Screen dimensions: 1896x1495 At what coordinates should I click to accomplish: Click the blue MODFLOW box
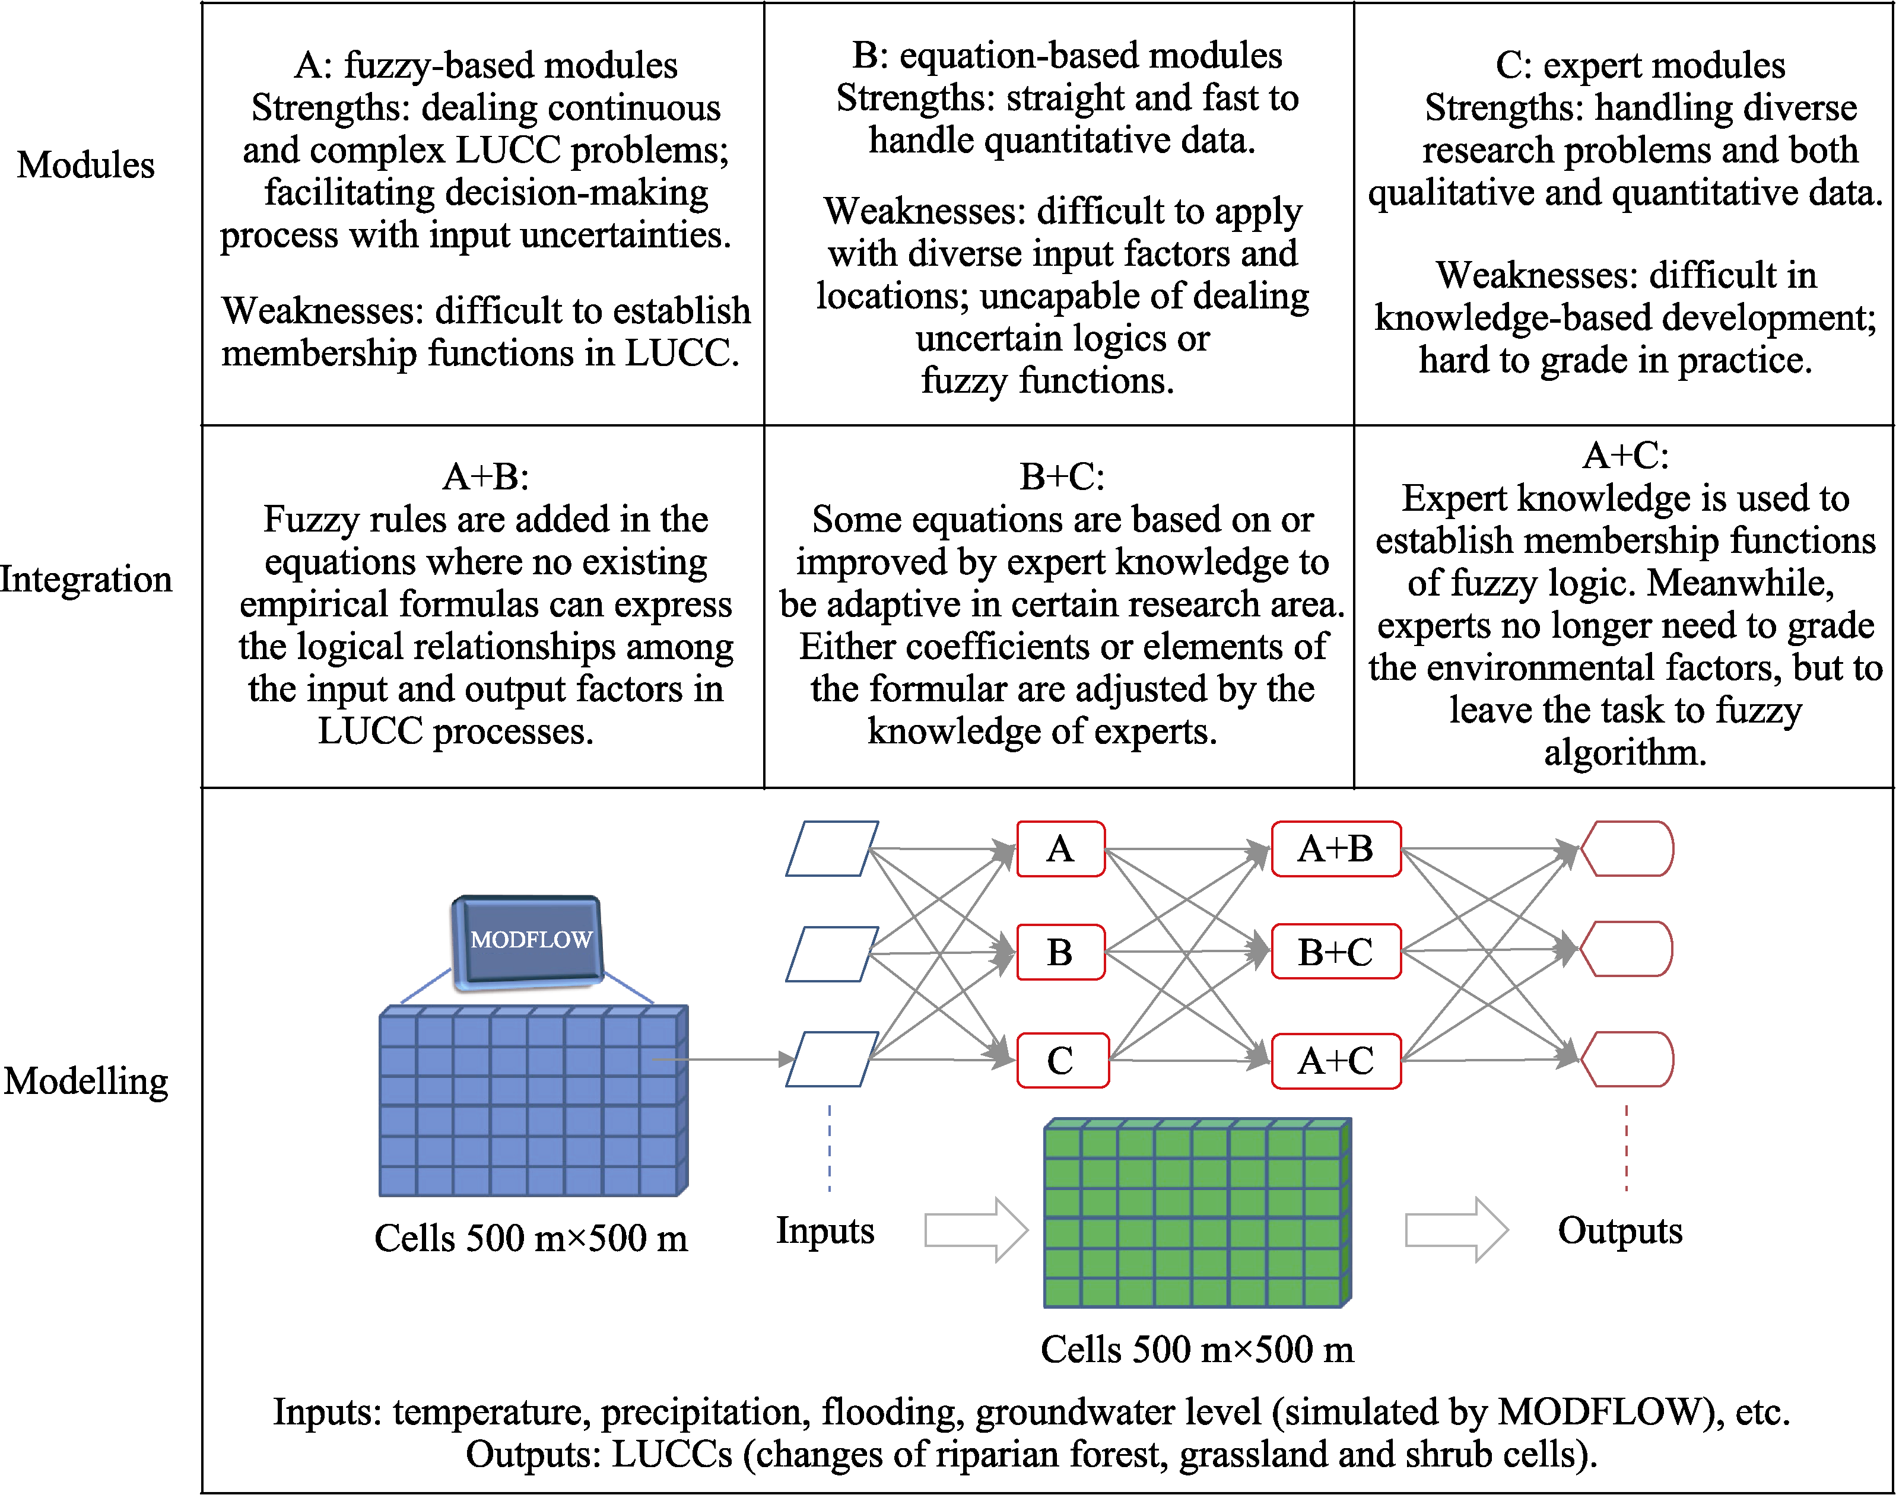click(x=527, y=942)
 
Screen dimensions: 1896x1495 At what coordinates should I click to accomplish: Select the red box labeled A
click(x=1060, y=848)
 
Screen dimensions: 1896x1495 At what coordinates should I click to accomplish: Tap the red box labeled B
click(x=1060, y=952)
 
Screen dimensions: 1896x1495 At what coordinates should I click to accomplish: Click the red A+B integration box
click(x=1336, y=848)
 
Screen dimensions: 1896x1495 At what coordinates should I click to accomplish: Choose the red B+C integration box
click(x=1336, y=952)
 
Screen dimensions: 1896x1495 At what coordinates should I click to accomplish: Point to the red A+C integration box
click(x=1336, y=1061)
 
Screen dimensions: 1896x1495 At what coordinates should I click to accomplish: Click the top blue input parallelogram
click(x=831, y=848)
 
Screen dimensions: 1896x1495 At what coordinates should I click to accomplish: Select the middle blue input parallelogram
click(x=831, y=954)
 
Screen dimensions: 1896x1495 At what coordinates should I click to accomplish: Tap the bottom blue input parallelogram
click(x=831, y=1059)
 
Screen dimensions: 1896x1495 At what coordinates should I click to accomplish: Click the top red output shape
click(x=1627, y=848)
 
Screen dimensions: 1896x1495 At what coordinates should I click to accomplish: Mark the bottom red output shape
click(x=1627, y=1059)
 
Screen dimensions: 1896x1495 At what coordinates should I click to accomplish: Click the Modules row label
click(x=86, y=164)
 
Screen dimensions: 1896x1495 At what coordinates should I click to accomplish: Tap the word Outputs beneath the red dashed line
click(x=1620, y=1230)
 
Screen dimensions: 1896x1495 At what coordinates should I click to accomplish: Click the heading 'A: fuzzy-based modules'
click(x=486, y=65)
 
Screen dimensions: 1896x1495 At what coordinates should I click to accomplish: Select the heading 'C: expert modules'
click(x=1640, y=65)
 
